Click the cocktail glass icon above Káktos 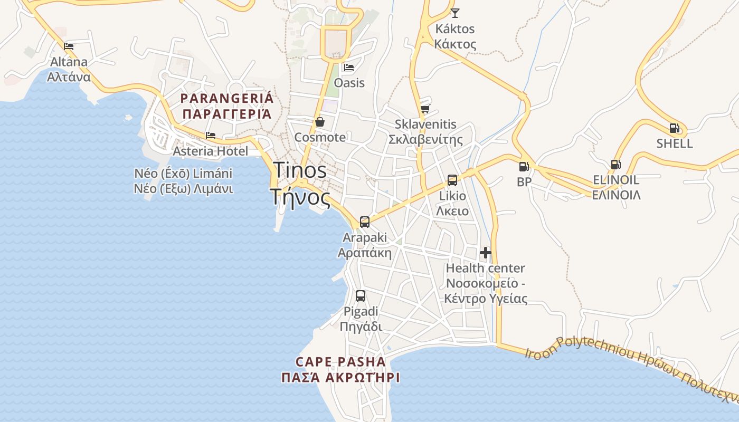click(454, 13)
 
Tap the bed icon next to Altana click(69, 46)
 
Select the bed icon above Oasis click(349, 68)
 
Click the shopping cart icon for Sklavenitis click(425, 109)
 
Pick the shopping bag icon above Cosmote click(320, 122)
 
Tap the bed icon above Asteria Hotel click(211, 136)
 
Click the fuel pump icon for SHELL click(674, 128)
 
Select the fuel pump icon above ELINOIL click(615, 164)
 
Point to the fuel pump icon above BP click(524, 167)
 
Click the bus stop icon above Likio click(452, 180)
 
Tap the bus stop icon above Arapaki click(365, 222)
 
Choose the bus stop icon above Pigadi click(361, 296)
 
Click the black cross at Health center click(486, 253)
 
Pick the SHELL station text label click(675, 143)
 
